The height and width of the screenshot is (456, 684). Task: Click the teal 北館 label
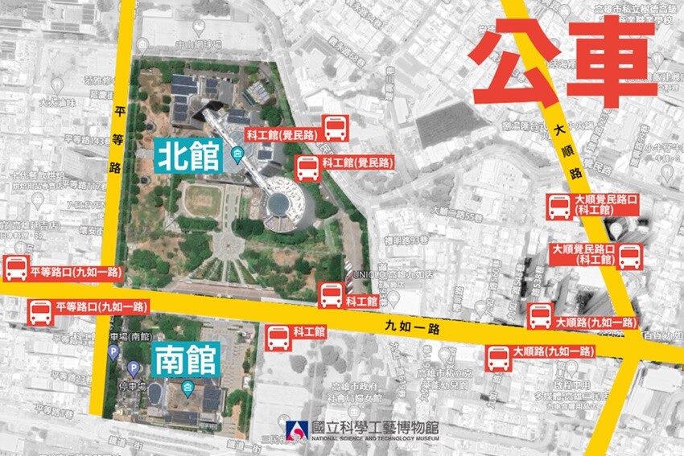[190, 156]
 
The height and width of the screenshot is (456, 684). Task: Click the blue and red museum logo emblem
[295, 431]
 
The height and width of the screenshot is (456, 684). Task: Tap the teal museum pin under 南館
[187, 389]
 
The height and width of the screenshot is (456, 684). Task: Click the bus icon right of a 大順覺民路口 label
[629, 257]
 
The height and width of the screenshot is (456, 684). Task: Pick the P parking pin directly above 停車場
[134, 368]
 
